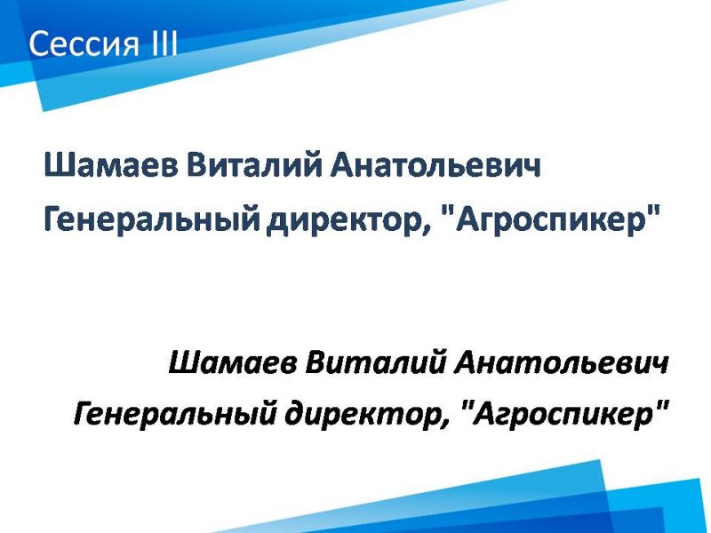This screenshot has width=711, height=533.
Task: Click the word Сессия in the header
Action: [83, 44]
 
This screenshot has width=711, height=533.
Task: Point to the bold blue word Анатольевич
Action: [435, 165]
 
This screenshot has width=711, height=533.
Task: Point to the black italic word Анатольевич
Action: [561, 363]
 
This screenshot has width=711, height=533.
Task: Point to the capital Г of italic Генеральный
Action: [84, 413]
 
